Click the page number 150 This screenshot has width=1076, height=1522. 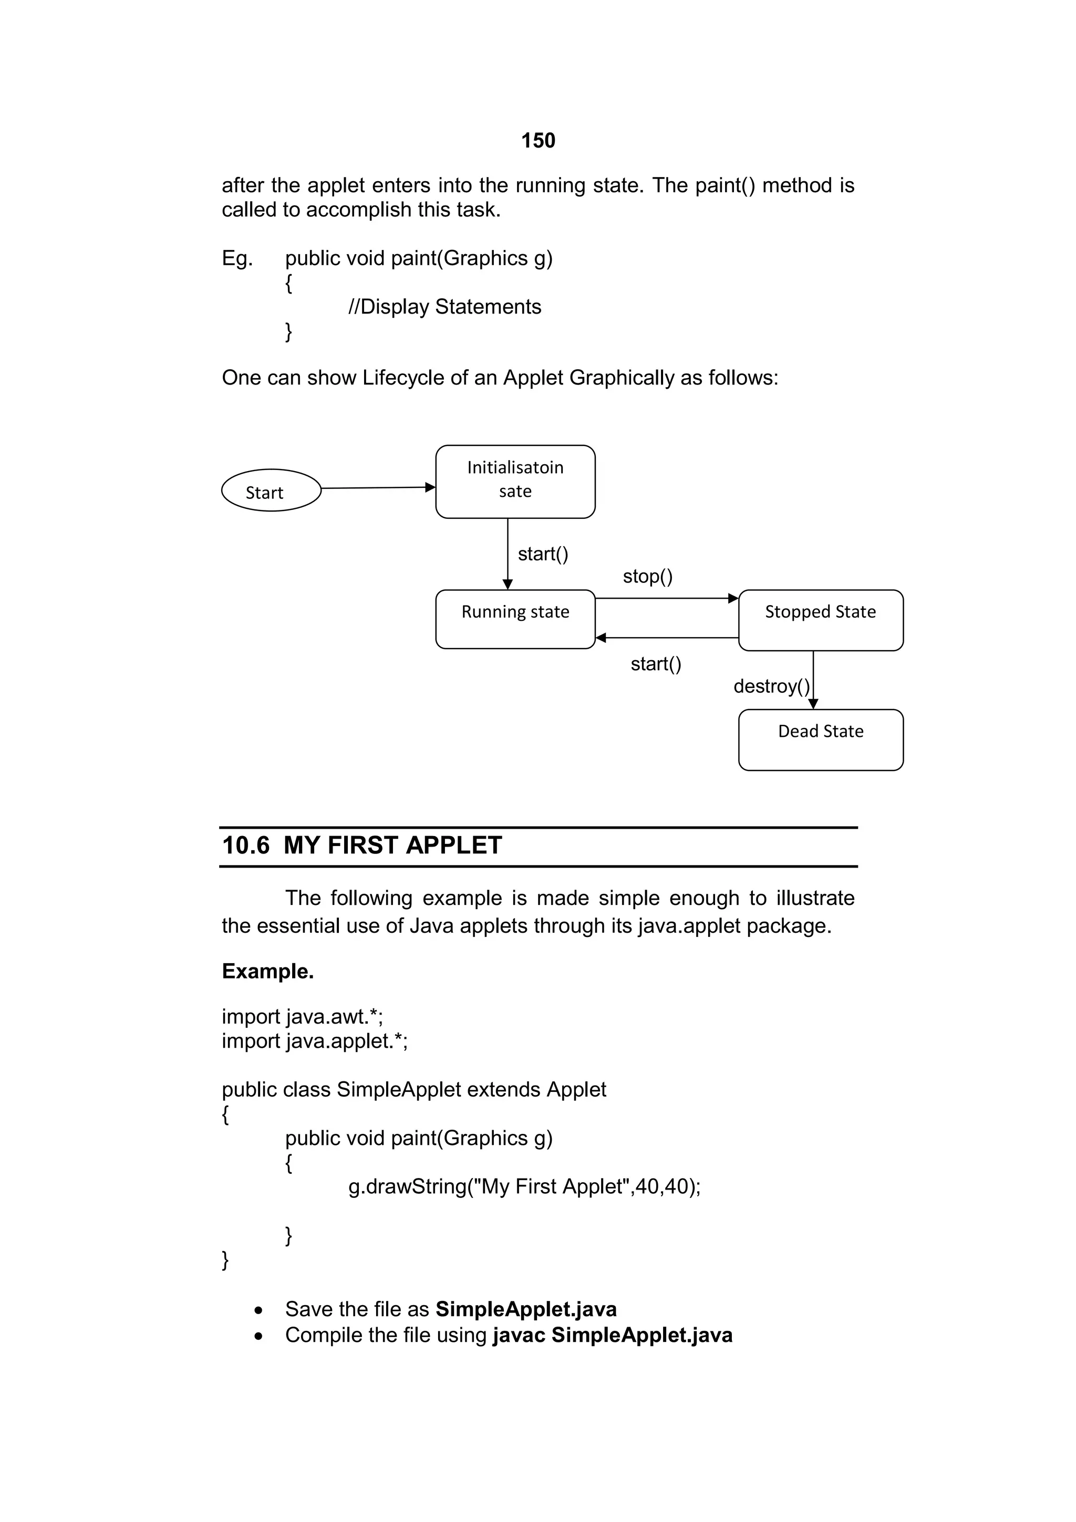pyautogui.click(x=537, y=141)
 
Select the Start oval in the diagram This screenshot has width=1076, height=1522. pyautogui.click(x=271, y=491)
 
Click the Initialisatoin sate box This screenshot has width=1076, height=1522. pyautogui.click(x=515, y=481)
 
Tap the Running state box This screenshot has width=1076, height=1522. pyautogui.click(x=515, y=619)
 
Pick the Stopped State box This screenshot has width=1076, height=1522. pyautogui.click(x=820, y=620)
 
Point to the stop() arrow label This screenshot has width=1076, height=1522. pyautogui.click(x=648, y=576)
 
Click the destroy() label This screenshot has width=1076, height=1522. pyautogui.click(x=771, y=686)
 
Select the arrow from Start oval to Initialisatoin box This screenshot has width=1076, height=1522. pyautogui.click(x=378, y=488)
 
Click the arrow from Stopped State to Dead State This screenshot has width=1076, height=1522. pyautogui.click(x=813, y=680)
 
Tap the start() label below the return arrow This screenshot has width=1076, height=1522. pyautogui.click(x=656, y=663)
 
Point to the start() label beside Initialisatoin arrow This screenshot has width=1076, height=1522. pyautogui.click(x=543, y=554)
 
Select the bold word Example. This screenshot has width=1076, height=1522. pyautogui.click(x=268, y=971)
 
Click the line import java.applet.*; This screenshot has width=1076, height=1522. pyautogui.click(x=314, y=1041)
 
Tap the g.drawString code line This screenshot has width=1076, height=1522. pyautogui.click(x=524, y=1186)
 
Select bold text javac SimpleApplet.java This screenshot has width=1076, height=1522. pyautogui.click(x=613, y=1335)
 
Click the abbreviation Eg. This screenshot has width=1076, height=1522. pyautogui.click(x=236, y=258)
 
